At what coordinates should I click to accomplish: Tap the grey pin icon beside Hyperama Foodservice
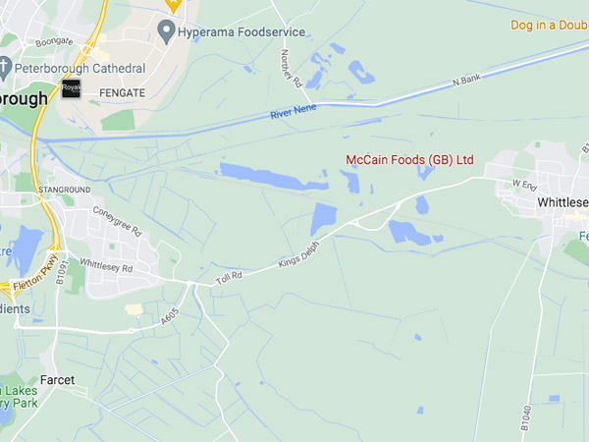point(166,33)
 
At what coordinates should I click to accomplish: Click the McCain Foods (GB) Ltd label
point(409,159)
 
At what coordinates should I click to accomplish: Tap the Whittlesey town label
point(562,202)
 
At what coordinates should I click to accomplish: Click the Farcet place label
point(57,379)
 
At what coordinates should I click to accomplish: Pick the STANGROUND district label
point(65,188)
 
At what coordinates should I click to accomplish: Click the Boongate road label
point(55,42)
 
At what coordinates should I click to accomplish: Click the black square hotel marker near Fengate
point(71,89)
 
